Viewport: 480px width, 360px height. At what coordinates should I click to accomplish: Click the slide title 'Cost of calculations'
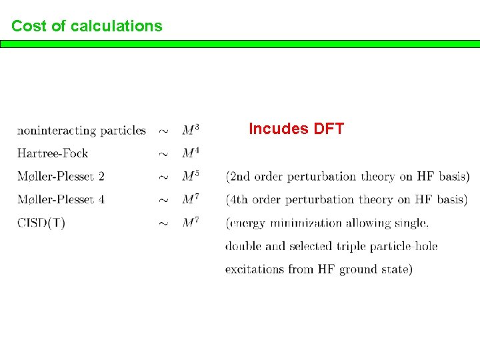[87, 26]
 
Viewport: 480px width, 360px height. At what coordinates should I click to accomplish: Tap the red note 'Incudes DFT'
[296, 129]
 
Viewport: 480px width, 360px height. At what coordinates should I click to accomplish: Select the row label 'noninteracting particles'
[81, 131]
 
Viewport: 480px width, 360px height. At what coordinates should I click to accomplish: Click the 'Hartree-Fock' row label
[53, 153]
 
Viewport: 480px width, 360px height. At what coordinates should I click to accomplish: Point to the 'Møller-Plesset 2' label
[61, 177]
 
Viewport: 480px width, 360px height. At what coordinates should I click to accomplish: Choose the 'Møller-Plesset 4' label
[61, 199]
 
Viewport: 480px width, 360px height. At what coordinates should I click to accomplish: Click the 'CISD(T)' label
[41, 223]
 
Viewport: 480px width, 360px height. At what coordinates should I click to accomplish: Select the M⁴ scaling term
[191, 153]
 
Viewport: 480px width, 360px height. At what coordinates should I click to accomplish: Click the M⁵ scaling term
[191, 176]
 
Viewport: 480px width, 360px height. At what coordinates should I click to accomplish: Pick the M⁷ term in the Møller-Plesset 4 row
[191, 199]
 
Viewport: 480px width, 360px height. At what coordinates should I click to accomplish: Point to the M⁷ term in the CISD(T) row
[191, 222]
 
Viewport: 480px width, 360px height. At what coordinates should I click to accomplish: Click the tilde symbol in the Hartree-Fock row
[163, 155]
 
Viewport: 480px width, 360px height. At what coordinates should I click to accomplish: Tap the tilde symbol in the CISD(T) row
[163, 224]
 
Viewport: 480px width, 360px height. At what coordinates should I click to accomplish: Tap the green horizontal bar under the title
[240, 44]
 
